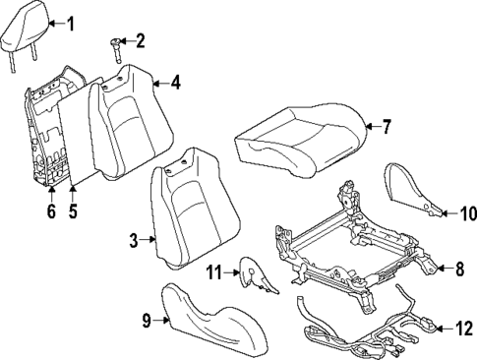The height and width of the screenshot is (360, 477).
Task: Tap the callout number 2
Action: tap(141, 40)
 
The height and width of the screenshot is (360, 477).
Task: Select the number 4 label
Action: tap(175, 83)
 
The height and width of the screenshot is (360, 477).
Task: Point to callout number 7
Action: tap(387, 126)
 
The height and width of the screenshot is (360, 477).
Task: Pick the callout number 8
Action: tap(457, 268)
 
